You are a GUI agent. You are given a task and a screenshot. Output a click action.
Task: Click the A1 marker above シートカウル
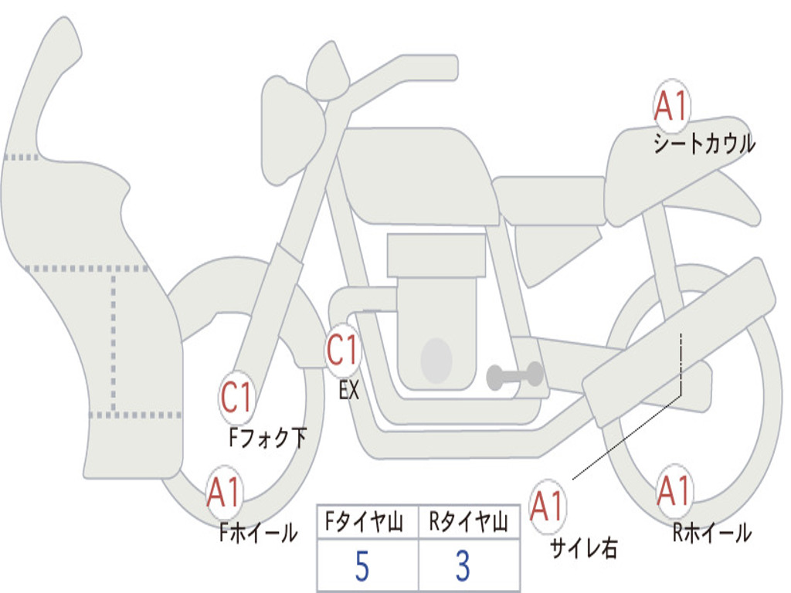(671, 105)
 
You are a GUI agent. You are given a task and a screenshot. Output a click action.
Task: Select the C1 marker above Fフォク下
(236, 398)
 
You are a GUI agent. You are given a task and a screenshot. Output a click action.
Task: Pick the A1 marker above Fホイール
(224, 492)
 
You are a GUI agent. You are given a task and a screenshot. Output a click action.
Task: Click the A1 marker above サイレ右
(547, 506)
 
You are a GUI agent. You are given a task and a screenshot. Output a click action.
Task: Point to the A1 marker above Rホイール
(674, 490)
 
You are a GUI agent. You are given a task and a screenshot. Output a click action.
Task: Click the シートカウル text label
(704, 144)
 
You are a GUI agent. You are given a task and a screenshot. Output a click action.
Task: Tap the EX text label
(349, 390)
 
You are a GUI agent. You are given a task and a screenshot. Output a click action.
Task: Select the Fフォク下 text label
(267, 437)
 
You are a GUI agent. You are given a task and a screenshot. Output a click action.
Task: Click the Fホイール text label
(258, 532)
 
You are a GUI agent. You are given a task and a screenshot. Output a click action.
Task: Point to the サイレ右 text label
(583, 547)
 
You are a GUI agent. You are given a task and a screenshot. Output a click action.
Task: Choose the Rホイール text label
(711, 533)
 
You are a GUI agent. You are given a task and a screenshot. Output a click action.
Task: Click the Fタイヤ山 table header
(365, 522)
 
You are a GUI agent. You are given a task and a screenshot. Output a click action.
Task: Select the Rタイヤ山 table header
(469, 522)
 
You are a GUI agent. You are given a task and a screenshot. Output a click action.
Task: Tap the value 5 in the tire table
(362, 566)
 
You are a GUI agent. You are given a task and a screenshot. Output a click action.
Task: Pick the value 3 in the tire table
(463, 566)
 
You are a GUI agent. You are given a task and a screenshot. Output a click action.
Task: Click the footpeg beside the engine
(514, 375)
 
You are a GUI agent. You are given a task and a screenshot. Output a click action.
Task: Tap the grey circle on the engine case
(436, 360)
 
